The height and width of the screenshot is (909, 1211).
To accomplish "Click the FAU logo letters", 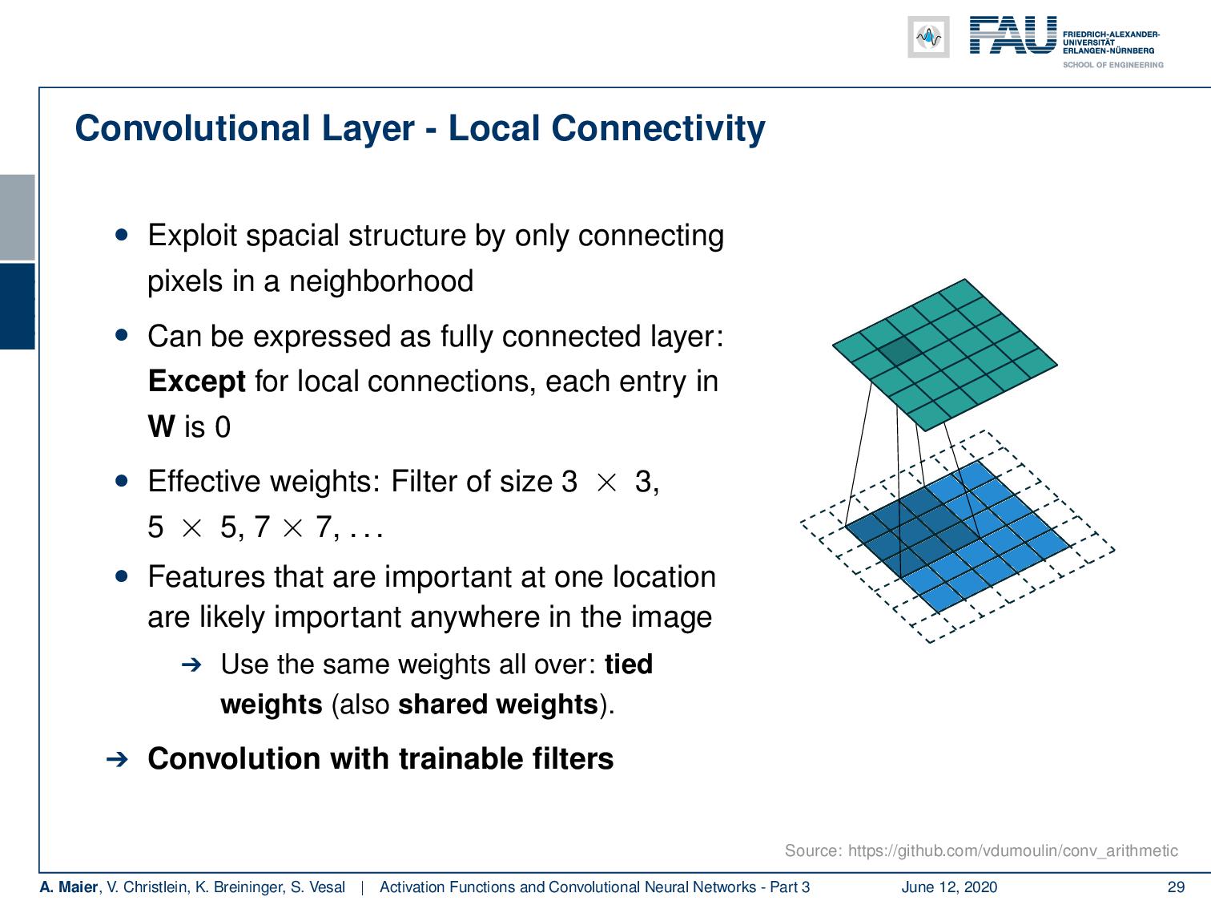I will [1013, 36].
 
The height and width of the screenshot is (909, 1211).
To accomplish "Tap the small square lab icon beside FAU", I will [928, 37].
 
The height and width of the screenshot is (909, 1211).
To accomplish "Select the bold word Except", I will [197, 381].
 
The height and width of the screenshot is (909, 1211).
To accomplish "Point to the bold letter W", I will [161, 426].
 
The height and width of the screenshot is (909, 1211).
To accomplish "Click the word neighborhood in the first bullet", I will [380, 281].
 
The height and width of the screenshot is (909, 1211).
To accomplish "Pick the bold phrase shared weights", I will [497, 705].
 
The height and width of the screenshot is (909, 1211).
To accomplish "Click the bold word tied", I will [629, 665].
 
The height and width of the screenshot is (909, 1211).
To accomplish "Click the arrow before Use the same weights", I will [191, 665].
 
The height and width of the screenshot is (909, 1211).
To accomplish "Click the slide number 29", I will [1176, 887].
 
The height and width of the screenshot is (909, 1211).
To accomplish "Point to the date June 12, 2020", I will [949, 887].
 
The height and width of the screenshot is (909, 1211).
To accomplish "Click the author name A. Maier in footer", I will [69, 887].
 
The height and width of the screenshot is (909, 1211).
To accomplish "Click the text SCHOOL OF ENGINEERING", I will [1112, 65].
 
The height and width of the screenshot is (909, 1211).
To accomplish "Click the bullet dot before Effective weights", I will [122, 481].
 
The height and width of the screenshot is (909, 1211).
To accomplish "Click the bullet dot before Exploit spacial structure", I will [122, 236].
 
